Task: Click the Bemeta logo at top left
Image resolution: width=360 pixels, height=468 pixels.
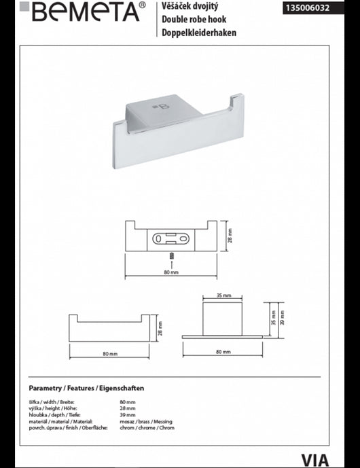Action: (x=83, y=12)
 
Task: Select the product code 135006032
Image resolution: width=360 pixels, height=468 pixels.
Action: (x=308, y=7)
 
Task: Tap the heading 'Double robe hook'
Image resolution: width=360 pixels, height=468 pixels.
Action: (x=194, y=20)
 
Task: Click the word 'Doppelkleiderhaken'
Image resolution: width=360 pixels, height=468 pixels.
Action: (x=199, y=33)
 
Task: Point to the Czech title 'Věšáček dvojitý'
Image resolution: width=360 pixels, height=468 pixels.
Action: (x=190, y=5)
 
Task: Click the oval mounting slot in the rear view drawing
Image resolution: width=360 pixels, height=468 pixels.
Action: (x=170, y=239)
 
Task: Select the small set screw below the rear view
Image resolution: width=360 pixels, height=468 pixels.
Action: (x=171, y=256)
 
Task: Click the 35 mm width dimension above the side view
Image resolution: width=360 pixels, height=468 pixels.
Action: (x=223, y=295)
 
